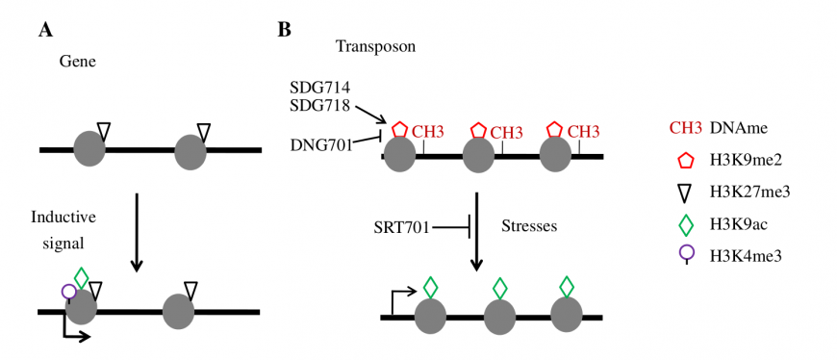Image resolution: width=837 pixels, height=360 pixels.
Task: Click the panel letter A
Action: (x=45, y=31)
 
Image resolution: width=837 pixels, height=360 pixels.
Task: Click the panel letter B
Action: (x=284, y=31)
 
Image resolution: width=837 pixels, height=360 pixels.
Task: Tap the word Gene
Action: (x=76, y=62)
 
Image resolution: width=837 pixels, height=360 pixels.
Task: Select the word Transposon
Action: (x=376, y=46)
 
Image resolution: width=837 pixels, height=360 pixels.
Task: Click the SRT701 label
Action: (x=401, y=227)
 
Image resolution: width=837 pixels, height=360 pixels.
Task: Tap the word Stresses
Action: (x=529, y=226)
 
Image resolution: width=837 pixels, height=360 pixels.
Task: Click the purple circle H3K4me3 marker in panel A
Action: (x=68, y=293)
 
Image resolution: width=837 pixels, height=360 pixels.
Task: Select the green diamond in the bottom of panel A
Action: (x=81, y=278)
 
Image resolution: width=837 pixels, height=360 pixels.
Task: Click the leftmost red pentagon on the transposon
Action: (x=400, y=129)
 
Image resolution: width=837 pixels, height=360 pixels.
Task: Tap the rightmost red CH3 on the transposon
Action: (x=583, y=131)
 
